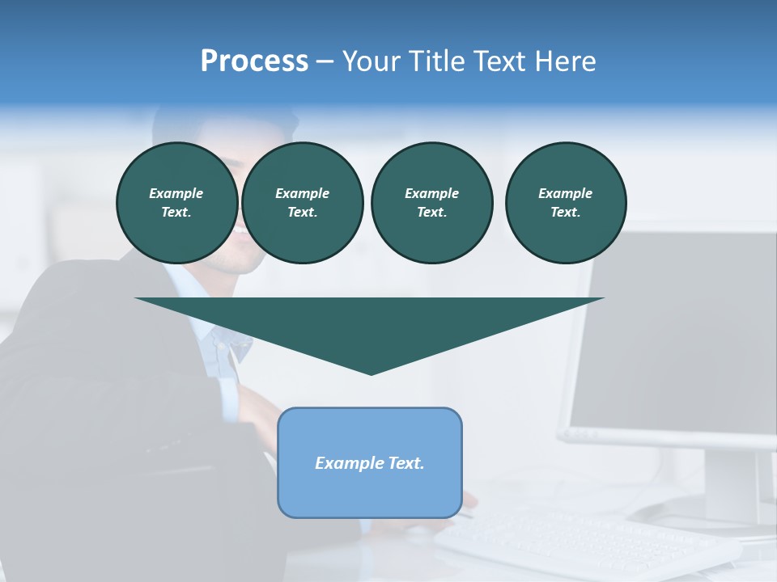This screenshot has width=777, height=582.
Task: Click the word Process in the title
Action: tap(254, 61)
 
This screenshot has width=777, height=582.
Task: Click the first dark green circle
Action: tap(176, 202)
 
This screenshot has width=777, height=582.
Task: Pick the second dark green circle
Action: tap(302, 202)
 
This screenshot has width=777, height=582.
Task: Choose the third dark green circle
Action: tap(431, 202)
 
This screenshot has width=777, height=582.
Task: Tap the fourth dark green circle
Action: tap(565, 202)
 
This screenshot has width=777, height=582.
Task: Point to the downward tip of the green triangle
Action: tap(371, 371)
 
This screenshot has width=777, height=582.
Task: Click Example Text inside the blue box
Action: tap(370, 463)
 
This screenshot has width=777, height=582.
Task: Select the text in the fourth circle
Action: tap(565, 202)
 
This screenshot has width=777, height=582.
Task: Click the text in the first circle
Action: tap(176, 202)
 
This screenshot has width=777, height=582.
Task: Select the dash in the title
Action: tap(325, 61)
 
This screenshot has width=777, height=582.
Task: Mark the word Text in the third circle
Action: tap(431, 212)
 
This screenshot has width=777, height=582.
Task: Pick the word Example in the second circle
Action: tap(302, 193)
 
